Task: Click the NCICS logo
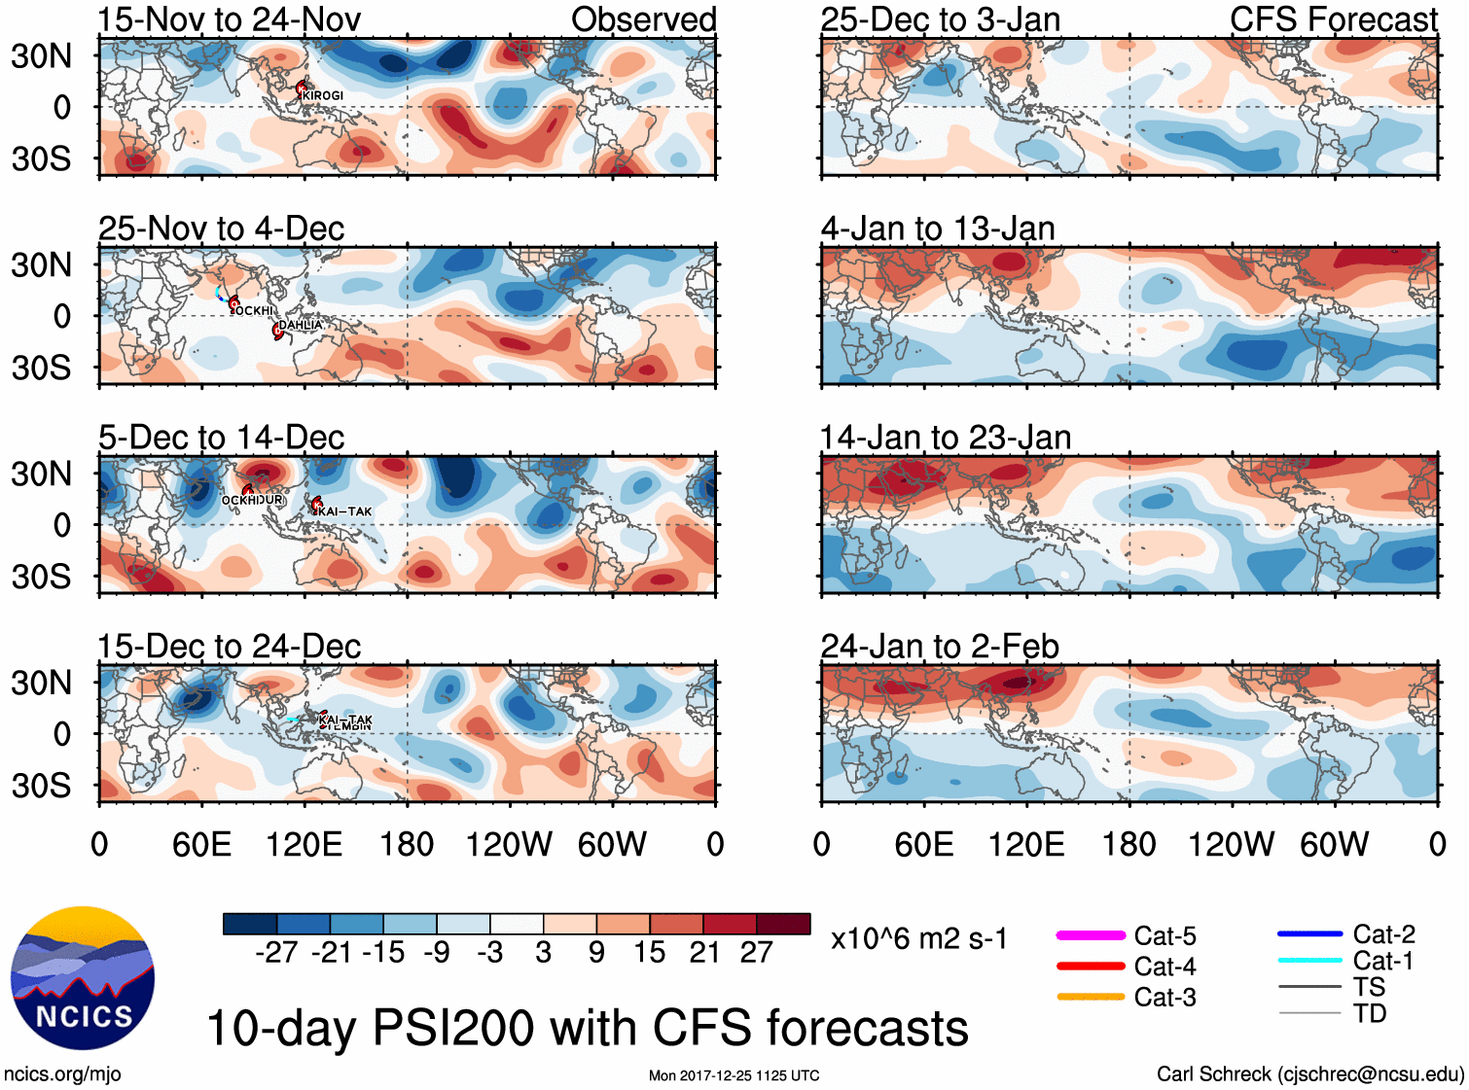[x=83, y=978]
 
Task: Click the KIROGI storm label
[x=323, y=95]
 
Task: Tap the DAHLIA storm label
[x=301, y=325]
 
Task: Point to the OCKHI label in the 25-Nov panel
[x=254, y=310]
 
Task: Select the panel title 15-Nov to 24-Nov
[x=230, y=19]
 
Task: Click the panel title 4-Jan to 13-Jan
[x=938, y=229]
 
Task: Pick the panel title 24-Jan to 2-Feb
[x=940, y=647]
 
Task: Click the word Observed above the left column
[x=643, y=19]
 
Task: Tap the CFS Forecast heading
[x=1333, y=19]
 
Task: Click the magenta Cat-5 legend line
[x=1091, y=935]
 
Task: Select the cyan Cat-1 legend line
[x=1309, y=961]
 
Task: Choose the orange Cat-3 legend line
[x=1091, y=997]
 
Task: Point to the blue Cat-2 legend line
[x=1309, y=934]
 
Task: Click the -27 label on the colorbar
[x=277, y=952]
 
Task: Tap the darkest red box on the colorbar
[x=783, y=924]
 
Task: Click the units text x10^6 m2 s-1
[x=919, y=939]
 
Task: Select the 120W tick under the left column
[x=509, y=844]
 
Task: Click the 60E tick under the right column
[x=924, y=844]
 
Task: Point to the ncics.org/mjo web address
[x=62, y=1073]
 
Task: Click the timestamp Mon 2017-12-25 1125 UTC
[x=734, y=1075]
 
